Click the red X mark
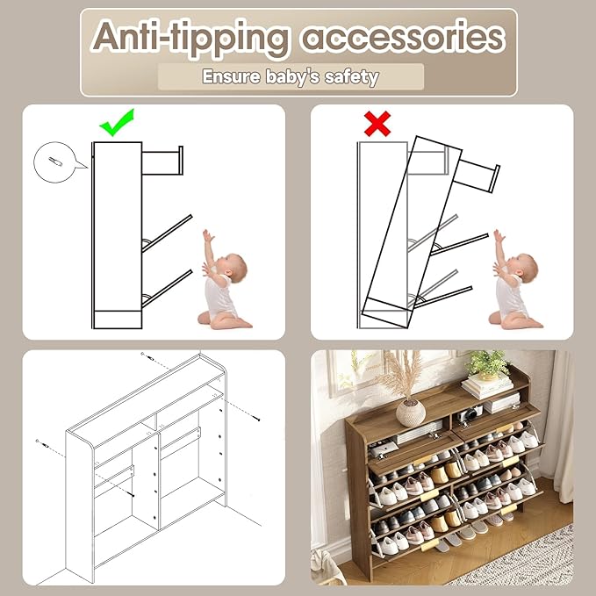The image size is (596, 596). coord(377,124)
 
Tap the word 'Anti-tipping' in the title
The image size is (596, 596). coord(190,38)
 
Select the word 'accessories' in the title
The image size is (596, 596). coord(403,38)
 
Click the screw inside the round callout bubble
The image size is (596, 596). coord(55,162)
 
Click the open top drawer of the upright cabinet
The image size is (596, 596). coord(162,161)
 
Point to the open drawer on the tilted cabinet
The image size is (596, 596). coord(477,176)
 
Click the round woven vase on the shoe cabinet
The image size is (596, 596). coord(411,413)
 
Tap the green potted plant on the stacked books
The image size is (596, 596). coord(487,364)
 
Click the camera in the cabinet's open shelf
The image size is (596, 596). coord(470,413)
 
